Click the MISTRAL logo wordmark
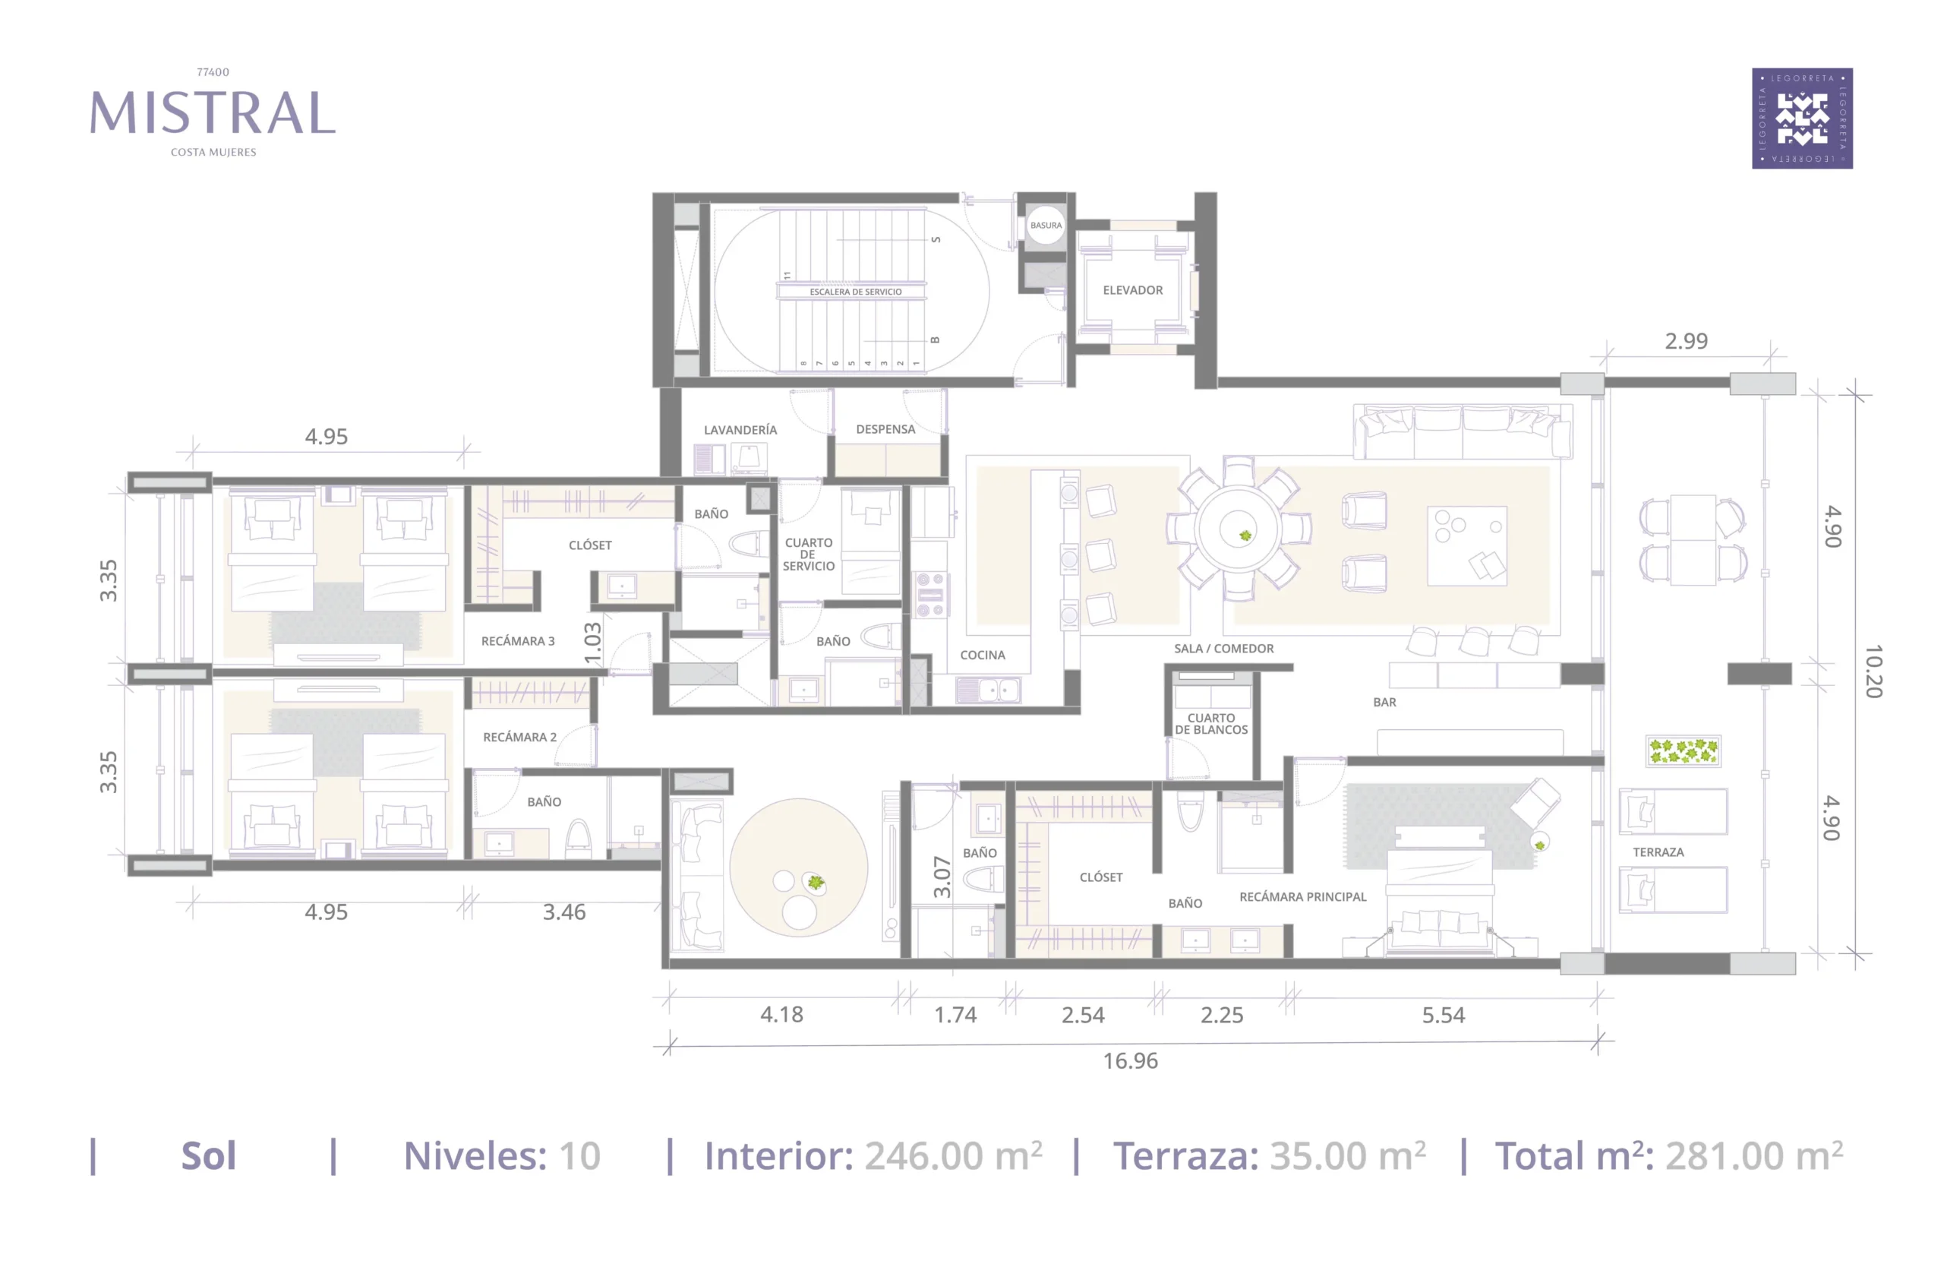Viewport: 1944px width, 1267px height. [x=213, y=112]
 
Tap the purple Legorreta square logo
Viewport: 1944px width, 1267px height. [x=1802, y=118]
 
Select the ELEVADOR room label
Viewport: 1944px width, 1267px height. [x=1133, y=290]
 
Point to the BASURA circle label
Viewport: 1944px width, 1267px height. [x=1046, y=226]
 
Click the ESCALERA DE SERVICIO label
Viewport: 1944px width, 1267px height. [x=855, y=292]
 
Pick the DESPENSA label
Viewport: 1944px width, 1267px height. [x=885, y=429]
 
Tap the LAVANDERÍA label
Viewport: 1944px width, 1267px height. [x=740, y=430]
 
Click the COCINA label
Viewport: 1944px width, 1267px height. [x=983, y=655]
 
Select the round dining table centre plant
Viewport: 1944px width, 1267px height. [x=1245, y=536]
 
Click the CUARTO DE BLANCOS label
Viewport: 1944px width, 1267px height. [x=1211, y=724]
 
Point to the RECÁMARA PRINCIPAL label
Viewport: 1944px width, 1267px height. [x=1303, y=897]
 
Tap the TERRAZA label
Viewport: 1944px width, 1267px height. [x=1658, y=852]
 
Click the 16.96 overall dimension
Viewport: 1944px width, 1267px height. [x=1131, y=1060]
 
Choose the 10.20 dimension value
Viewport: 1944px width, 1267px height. [x=1873, y=671]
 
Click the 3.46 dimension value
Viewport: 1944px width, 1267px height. [x=564, y=912]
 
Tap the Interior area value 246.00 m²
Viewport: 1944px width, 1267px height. [x=953, y=1156]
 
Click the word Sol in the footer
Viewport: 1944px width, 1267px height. [x=208, y=1156]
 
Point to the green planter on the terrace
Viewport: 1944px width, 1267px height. [x=1683, y=750]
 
